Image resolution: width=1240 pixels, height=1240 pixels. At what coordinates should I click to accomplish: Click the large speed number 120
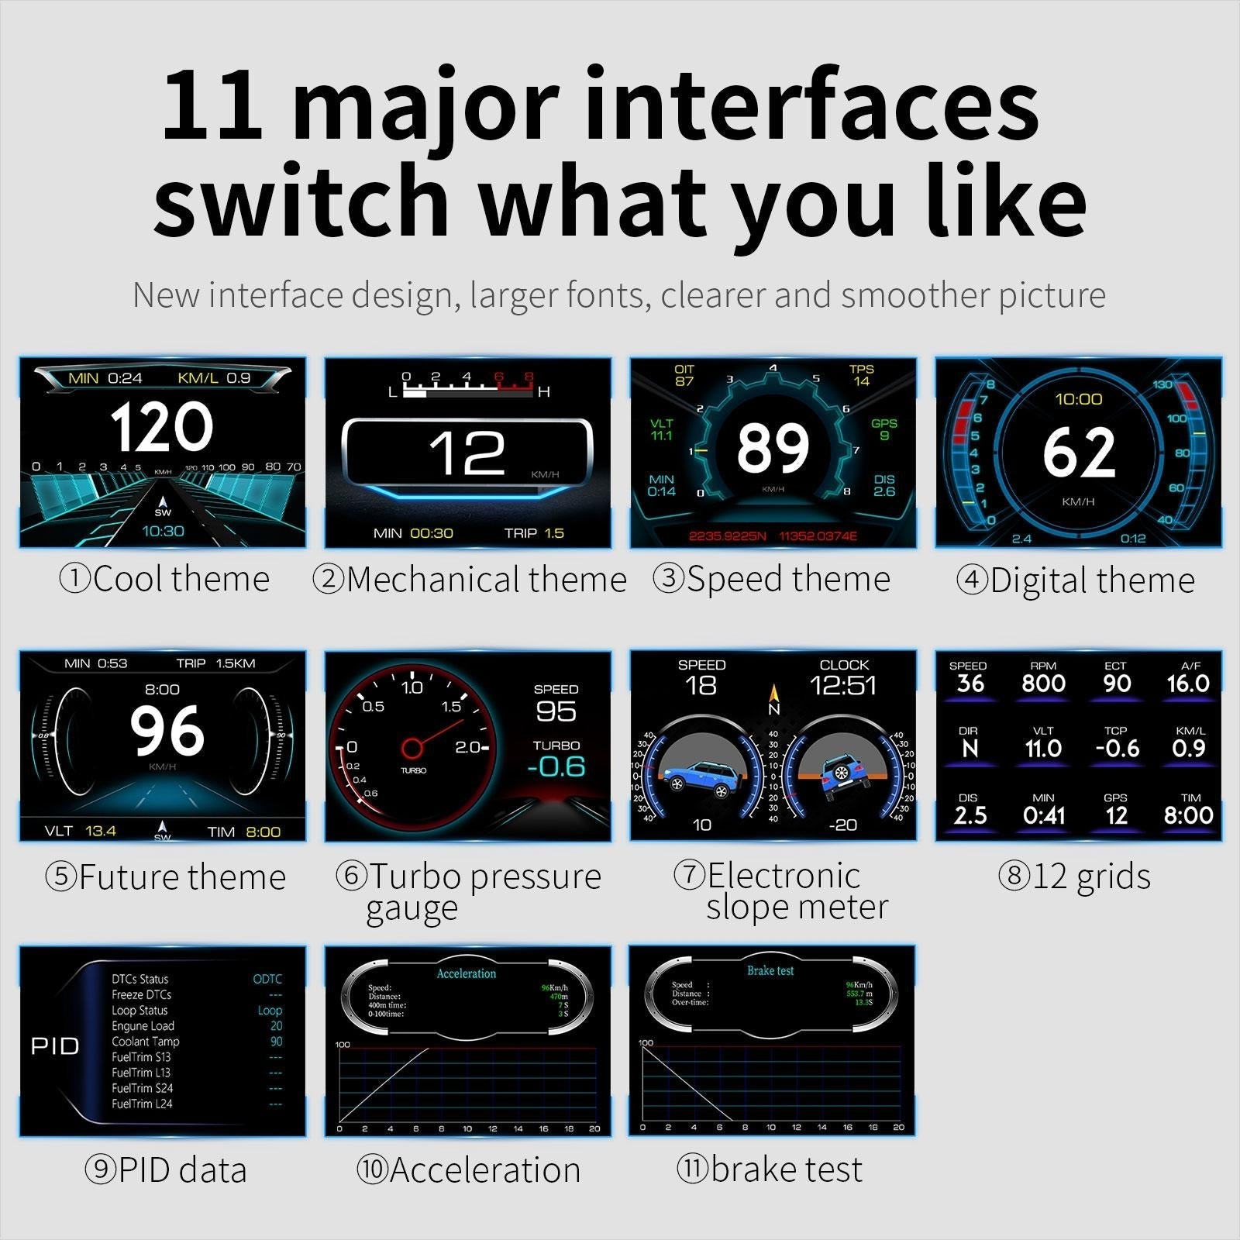[x=161, y=427]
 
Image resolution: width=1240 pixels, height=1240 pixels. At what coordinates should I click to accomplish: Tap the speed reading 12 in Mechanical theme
[x=467, y=453]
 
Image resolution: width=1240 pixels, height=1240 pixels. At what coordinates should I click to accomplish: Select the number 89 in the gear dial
[x=773, y=447]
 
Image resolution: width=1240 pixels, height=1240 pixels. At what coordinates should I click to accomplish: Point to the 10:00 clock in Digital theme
[x=1078, y=399]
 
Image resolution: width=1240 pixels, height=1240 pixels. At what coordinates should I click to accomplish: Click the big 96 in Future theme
[x=167, y=731]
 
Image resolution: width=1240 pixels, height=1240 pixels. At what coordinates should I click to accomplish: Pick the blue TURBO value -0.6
[x=556, y=766]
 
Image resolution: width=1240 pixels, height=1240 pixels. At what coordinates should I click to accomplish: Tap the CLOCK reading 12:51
[x=843, y=685]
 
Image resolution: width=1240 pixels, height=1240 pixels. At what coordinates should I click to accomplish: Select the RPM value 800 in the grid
[x=1043, y=683]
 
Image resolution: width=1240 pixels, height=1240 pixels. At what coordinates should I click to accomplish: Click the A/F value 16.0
[x=1188, y=683]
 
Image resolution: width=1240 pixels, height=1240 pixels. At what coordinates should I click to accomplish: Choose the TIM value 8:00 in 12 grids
[x=1188, y=815]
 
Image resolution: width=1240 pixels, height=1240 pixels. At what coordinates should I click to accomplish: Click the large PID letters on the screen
[x=55, y=1046]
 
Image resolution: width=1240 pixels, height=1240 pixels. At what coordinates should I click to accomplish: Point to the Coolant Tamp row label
[x=145, y=1042]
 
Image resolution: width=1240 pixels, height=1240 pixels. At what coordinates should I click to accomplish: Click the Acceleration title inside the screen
[x=467, y=973]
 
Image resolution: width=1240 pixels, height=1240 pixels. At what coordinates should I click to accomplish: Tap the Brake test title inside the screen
[x=770, y=970]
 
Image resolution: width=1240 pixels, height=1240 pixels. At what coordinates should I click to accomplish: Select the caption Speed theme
[x=772, y=579]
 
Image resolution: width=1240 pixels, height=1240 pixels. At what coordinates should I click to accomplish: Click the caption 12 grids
[x=1075, y=877]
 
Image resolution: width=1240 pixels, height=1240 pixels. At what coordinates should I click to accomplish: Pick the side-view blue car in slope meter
[x=699, y=777]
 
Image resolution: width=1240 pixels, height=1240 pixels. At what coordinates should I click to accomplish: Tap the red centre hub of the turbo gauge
[x=412, y=748]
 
